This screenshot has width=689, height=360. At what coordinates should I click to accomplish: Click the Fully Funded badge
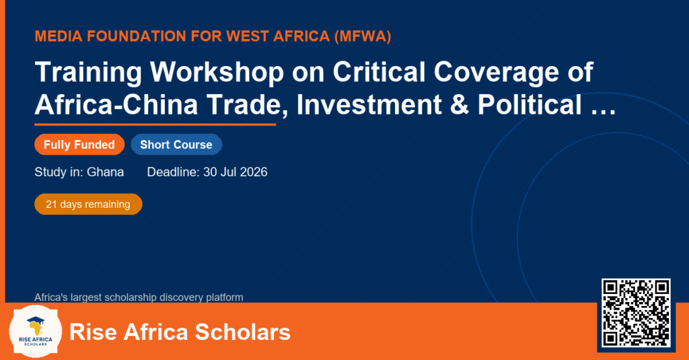coord(79,145)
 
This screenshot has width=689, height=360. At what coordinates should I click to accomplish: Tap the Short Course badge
coord(176,145)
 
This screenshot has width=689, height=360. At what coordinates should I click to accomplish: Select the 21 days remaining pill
coord(88,205)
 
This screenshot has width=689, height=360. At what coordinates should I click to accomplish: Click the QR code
coord(636,313)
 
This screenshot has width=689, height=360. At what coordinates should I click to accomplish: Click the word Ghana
coord(105,172)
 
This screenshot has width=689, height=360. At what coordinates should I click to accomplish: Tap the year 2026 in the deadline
coord(254,172)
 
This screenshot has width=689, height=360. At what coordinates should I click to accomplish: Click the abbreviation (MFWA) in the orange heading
coord(363,36)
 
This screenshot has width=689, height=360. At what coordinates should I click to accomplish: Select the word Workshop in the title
coord(217,71)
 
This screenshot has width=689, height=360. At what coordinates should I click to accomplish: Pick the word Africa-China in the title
coord(116,104)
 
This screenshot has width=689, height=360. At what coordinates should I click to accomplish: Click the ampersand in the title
coord(459,104)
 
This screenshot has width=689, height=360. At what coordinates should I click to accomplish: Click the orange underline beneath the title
coord(155,125)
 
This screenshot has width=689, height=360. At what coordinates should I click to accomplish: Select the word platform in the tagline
coord(225,297)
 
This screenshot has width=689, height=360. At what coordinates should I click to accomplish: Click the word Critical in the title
coord(379,71)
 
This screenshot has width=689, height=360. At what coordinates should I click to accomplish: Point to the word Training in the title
coord(88,71)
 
